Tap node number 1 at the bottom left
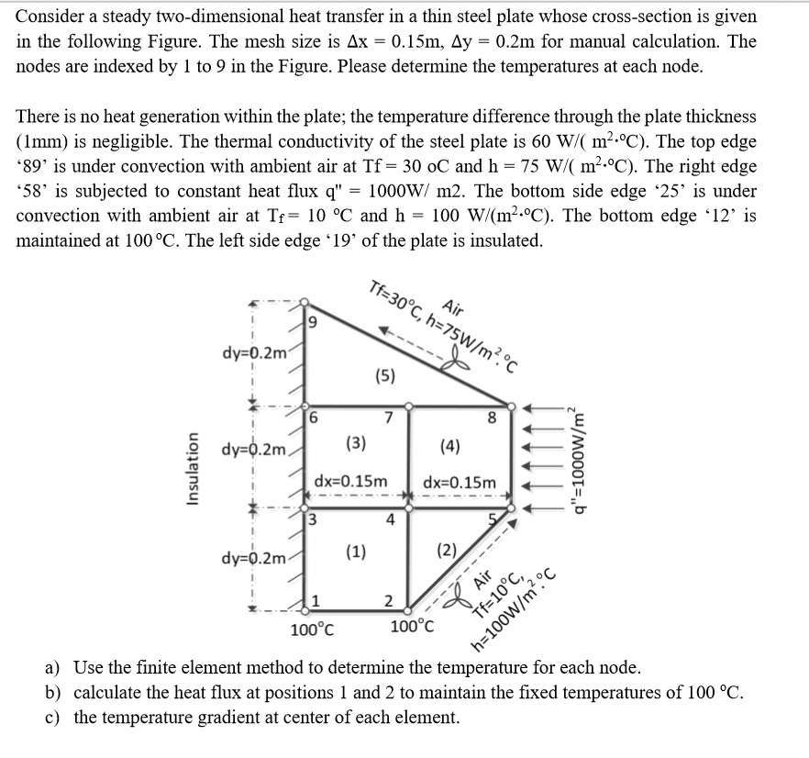314,601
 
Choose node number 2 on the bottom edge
388,602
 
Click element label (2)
447,552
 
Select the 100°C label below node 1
312,630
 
